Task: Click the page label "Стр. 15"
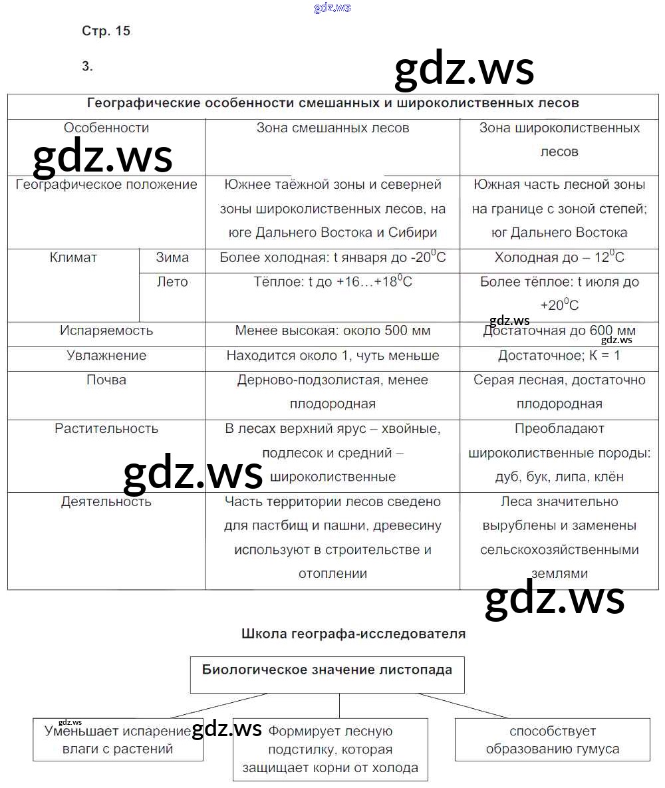(x=106, y=31)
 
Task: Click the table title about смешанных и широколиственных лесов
(x=333, y=103)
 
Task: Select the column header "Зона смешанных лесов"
(x=332, y=128)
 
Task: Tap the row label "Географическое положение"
(x=106, y=184)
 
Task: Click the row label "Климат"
(x=73, y=257)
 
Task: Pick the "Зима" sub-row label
(x=172, y=257)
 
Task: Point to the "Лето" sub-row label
(x=172, y=282)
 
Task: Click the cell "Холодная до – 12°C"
(x=559, y=258)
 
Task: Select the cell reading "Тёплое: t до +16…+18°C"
(x=332, y=282)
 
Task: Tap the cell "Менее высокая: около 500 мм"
(x=332, y=330)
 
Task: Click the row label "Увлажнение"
(x=106, y=355)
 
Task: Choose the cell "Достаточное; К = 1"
(x=559, y=355)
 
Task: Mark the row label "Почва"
(x=106, y=380)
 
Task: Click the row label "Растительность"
(x=106, y=428)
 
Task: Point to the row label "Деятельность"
(x=106, y=501)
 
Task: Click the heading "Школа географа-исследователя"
(x=353, y=634)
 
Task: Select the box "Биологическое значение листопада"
(x=327, y=670)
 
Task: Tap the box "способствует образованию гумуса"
(x=553, y=740)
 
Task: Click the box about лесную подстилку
(x=331, y=749)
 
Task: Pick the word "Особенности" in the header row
(x=106, y=128)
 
